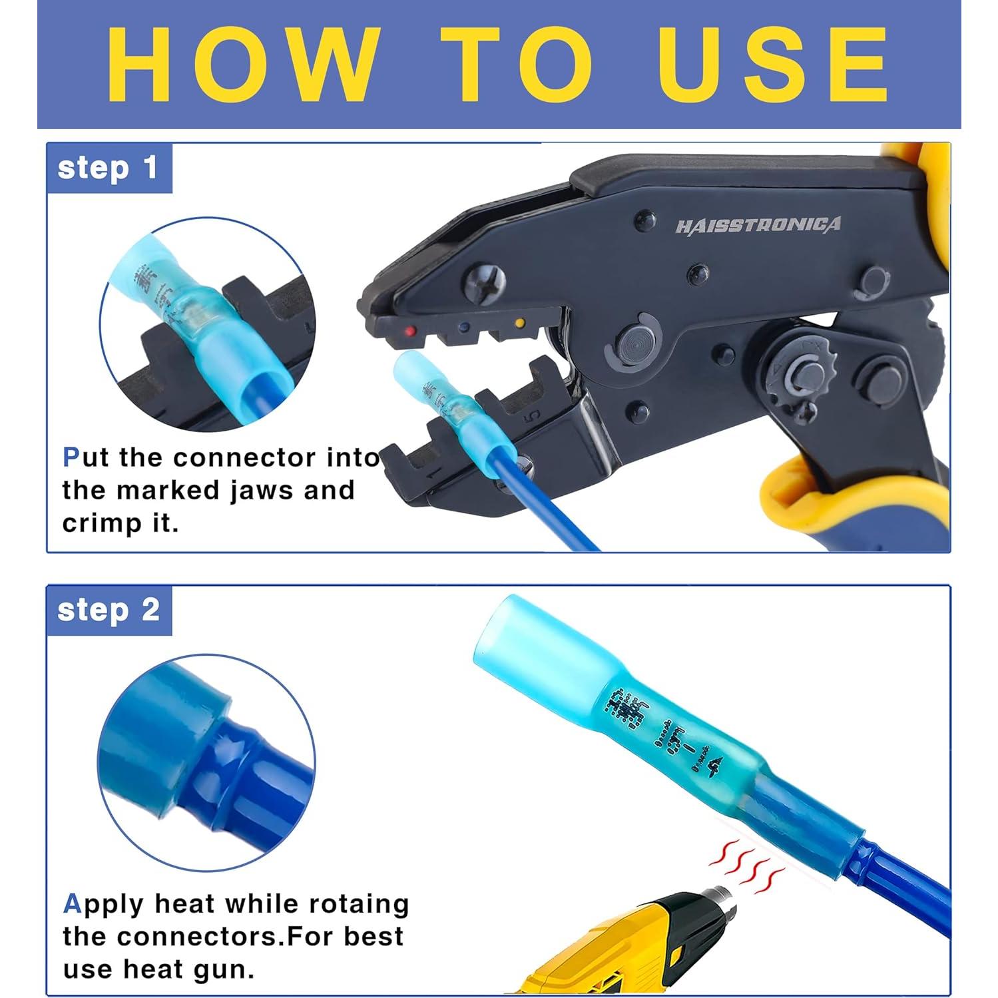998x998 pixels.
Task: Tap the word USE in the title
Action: tap(772, 65)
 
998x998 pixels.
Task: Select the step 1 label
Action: tap(108, 168)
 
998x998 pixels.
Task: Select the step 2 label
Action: tap(109, 610)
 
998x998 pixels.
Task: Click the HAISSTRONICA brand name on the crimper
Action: tap(758, 226)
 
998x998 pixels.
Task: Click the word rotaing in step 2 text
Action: tap(361, 904)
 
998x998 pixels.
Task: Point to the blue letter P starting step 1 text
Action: tap(71, 457)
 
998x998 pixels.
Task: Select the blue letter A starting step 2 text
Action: tap(72, 904)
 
